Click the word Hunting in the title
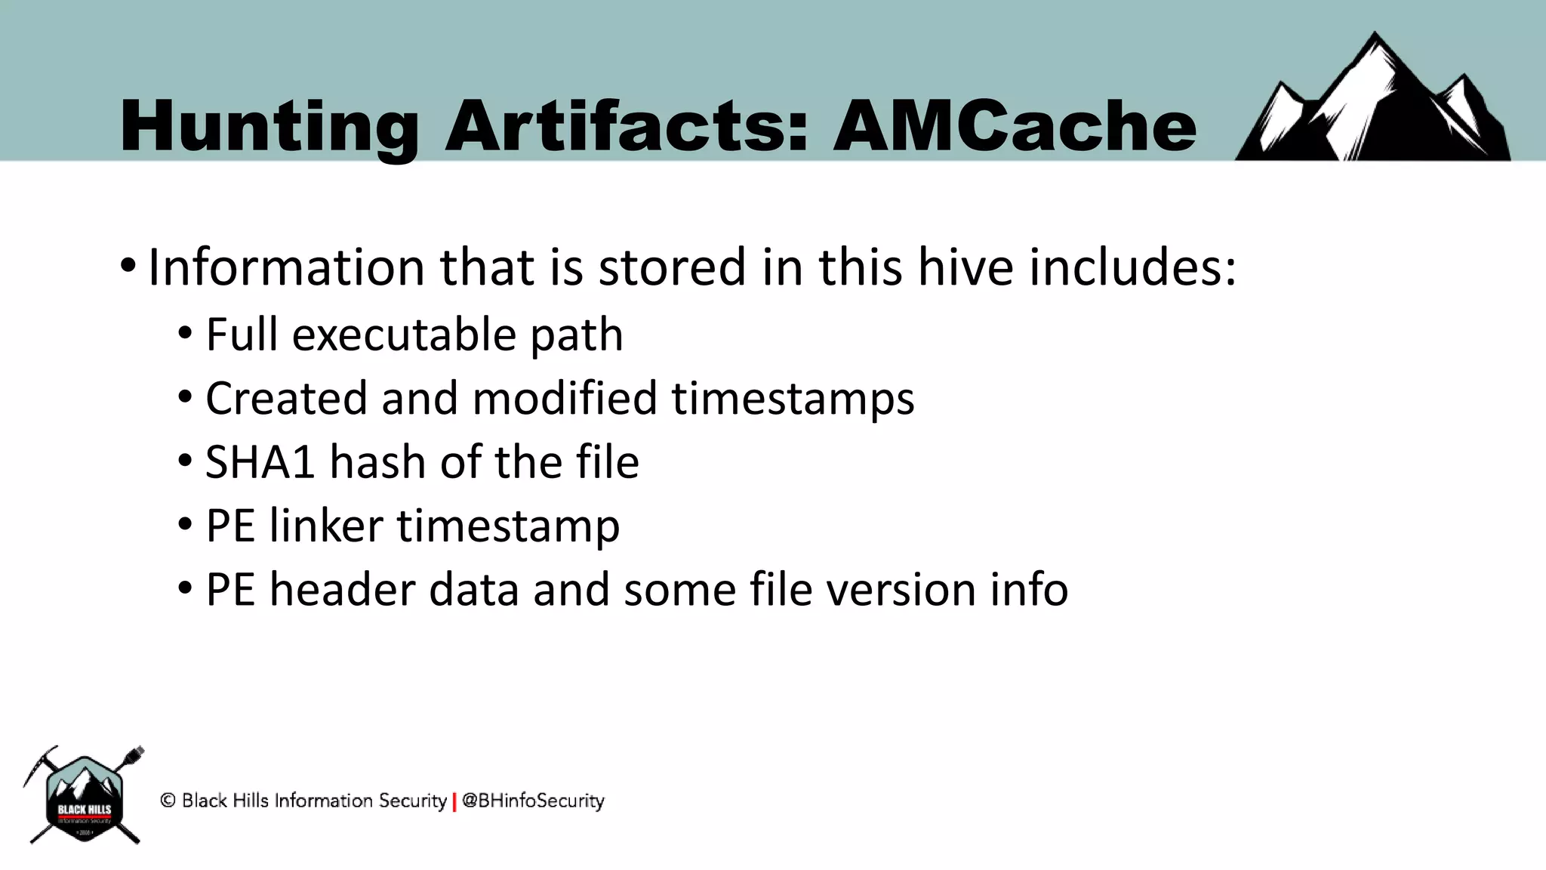pos(269,127)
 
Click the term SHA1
pos(260,462)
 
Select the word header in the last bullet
pos(342,590)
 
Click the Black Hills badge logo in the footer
pos(84,797)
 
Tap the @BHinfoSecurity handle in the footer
pos(533,801)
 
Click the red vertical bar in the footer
pos(454,801)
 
